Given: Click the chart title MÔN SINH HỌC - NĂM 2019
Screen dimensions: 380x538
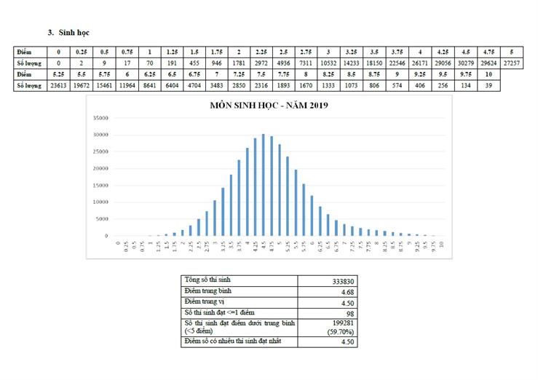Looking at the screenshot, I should pos(269,106).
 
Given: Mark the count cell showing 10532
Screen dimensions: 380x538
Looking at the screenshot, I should pos(328,63).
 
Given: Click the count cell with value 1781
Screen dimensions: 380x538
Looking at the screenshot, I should pos(240,63).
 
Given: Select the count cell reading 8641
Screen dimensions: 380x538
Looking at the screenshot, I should pos(149,85).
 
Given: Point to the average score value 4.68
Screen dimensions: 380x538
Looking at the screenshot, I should pos(348,291).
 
